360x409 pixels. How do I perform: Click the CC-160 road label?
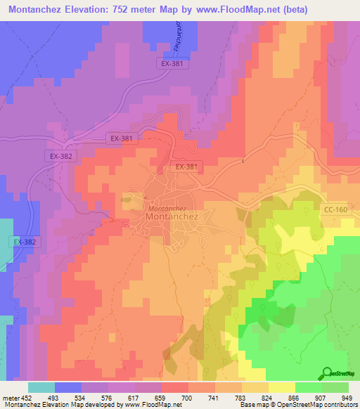point(335,209)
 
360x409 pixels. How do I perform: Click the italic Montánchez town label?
point(167,209)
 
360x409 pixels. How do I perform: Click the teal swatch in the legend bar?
point(41,387)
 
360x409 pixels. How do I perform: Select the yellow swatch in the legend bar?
point(281,387)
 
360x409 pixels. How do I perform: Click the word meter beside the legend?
point(11,398)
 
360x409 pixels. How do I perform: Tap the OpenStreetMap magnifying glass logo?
point(327,372)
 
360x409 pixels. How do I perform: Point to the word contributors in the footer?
point(342,405)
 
